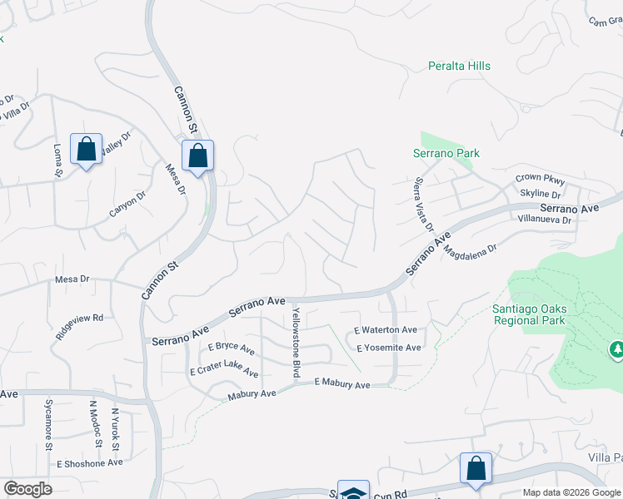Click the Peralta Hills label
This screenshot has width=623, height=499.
(459, 66)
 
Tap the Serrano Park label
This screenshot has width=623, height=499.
(446, 153)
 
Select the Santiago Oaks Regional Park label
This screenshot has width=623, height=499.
(530, 314)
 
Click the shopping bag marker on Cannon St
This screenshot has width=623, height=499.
(197, 156)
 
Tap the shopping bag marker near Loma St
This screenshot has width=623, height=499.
(86, 150)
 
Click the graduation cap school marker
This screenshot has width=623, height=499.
(353, 492)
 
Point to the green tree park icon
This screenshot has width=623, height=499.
(617, 350)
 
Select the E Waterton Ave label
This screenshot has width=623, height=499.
(386, 330)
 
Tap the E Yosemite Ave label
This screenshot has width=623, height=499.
(389, 348)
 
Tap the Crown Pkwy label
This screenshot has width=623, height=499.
(540, 179)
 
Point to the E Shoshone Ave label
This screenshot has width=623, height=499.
(89, 462)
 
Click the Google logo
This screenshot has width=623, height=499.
(27, 489)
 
